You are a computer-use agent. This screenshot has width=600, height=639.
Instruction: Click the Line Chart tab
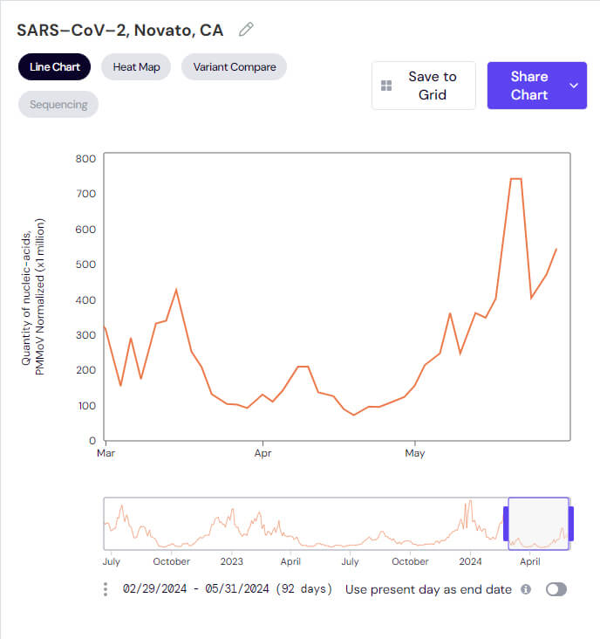point(54,67)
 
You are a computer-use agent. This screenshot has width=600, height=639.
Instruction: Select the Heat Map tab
point(136,67)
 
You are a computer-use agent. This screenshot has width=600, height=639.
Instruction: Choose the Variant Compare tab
point(234,67)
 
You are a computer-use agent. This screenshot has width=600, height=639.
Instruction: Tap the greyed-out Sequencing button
point(58,105)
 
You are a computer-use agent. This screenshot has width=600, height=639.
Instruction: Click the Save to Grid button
point(424,86)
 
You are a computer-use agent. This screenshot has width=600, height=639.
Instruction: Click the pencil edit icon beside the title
point(246,30)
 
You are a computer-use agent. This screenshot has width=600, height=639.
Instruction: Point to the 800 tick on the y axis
point(85,158)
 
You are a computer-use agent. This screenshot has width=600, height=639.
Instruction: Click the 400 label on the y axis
point(85,299)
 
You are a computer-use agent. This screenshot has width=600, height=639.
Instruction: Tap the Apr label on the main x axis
point(262,454)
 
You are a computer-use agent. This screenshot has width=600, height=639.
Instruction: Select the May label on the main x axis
point(415,454)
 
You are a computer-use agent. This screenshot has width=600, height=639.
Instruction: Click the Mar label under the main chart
point(106,454)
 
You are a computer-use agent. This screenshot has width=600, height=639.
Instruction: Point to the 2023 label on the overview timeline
point(231,561)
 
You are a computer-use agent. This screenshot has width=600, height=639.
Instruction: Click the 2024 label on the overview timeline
point(470,561)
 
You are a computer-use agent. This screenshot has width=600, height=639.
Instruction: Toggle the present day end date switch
point(556,589)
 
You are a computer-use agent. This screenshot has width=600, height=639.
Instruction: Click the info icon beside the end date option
point(526,589)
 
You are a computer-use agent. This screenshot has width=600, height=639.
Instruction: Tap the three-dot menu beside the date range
point(106,589)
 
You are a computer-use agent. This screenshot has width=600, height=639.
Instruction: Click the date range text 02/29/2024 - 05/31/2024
point(228,589)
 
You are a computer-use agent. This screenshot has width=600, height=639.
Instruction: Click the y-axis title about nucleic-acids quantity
point(33,297)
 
